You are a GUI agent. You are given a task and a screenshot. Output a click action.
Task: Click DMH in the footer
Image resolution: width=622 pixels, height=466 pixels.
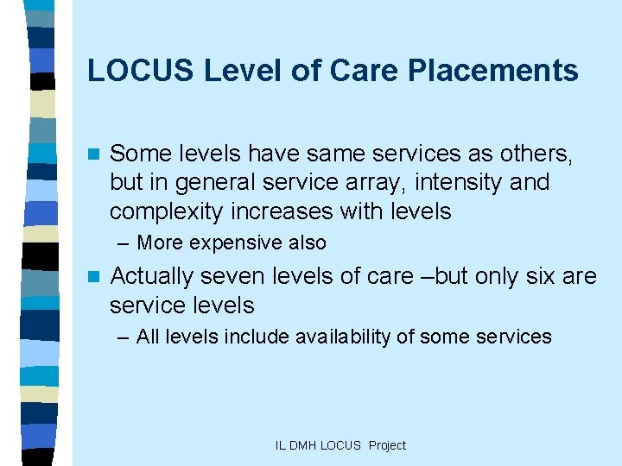tap(305, 445)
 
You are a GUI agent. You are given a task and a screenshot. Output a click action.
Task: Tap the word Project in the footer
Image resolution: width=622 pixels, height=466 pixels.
tap(386, 445)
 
